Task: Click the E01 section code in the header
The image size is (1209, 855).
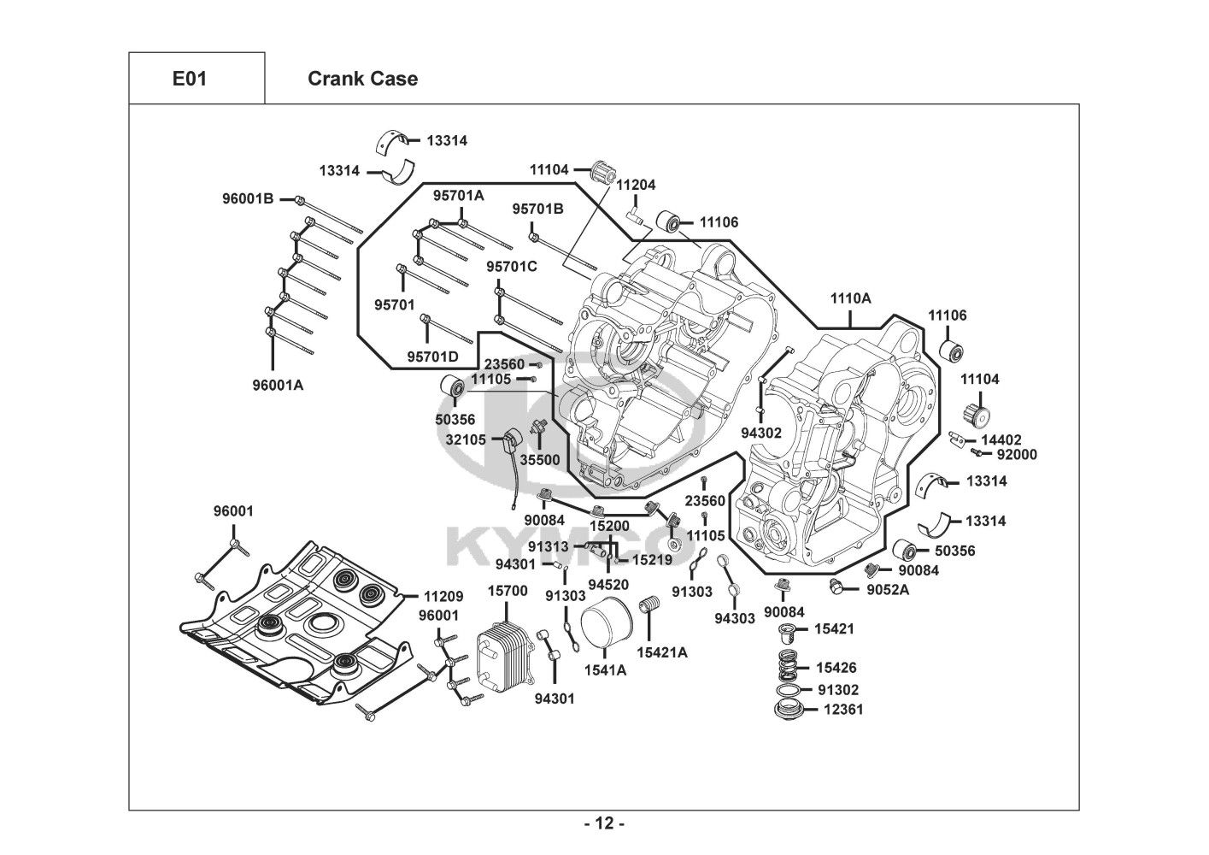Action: coord(190,79)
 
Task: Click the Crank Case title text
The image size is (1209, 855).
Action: coord(362,79)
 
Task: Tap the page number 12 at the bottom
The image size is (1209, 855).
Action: coord(603,824)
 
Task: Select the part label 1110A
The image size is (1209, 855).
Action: coord(850,298)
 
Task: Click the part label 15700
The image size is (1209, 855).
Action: coord(508,591)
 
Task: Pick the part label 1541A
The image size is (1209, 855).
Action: coord(604,670)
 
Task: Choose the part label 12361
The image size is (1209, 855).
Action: coord(843,710)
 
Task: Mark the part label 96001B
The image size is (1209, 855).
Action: coord(248,199)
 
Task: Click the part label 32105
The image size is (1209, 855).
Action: coord(466,439)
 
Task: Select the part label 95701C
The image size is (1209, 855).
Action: coord(512,267)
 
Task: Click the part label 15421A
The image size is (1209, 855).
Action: coord(661,653)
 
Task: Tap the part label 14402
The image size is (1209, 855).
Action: coord(1001,439)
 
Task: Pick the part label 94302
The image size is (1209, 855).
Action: coord(761,433)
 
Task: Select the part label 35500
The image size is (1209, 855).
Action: coord(540,460)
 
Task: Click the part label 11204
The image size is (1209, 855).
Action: coord(636,185)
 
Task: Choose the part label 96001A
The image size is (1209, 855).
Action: coord(278,385)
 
